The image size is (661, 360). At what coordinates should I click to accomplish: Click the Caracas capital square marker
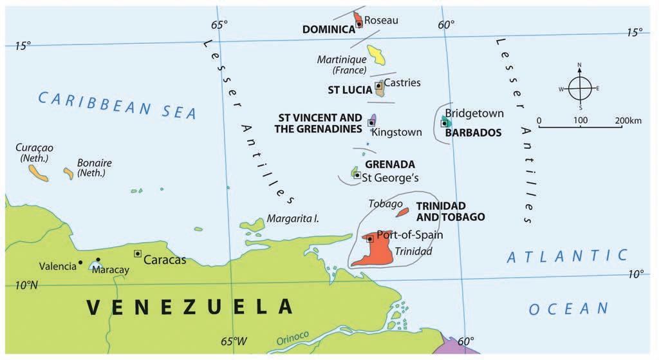tap(138, 254)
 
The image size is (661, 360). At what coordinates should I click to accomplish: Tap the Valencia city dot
tap(80, 262)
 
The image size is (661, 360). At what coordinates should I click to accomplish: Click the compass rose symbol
tap(580, 89)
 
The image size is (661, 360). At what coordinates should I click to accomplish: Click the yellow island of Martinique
tap(377, 55)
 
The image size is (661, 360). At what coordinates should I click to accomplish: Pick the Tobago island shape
tap(402, 211)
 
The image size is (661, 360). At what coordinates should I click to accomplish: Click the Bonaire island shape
tap(68, 173)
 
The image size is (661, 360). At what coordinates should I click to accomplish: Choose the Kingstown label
tap(396, 132)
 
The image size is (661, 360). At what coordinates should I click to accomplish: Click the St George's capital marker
tap(357, 175)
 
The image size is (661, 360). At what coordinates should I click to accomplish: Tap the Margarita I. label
tap(293, 219)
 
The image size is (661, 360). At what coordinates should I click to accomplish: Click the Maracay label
tap(111, 270)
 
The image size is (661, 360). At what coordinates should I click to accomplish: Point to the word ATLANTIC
tap(567, 256)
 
